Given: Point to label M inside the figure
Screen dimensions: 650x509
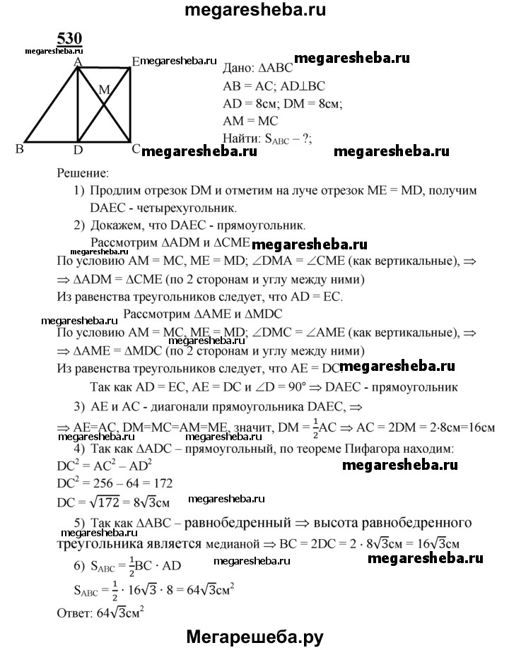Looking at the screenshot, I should tap(105, 90).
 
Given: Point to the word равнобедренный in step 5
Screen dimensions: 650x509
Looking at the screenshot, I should tap(242, 524).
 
